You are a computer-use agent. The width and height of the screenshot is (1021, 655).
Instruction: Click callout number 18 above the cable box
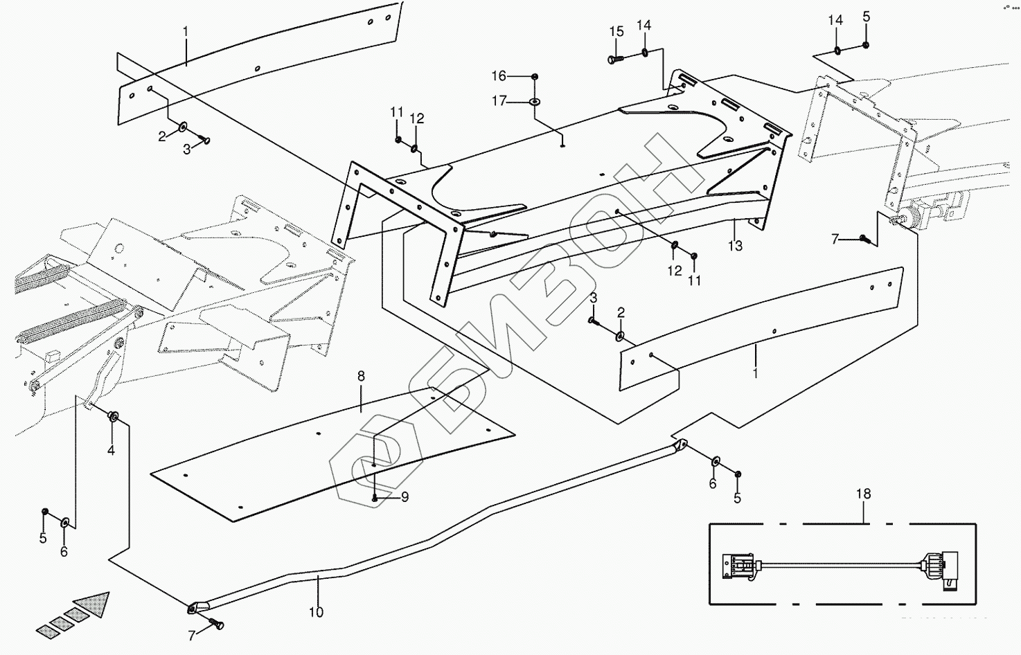click(864, 494)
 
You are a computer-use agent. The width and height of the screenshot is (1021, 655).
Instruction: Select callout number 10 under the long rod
click(316, 612)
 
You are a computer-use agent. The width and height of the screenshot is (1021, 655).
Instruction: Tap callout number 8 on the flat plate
click(361, 377)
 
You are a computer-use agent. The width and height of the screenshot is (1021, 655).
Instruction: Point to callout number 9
click(405, 497)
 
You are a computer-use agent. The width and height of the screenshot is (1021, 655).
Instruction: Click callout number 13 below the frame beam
click(735, 246)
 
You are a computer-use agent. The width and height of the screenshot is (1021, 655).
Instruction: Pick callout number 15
click(616, 32)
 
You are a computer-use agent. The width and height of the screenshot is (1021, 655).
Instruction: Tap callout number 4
click(111, 451)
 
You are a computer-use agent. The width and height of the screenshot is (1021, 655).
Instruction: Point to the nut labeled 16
click(535, 75)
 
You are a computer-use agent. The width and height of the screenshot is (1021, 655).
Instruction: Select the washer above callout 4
click(114, 417)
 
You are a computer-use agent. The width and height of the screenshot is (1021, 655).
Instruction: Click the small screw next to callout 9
click(375, 497)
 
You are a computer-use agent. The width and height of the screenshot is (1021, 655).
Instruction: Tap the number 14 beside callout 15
click(643, 26)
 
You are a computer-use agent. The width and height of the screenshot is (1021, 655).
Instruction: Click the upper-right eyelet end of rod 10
click(681, 445)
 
